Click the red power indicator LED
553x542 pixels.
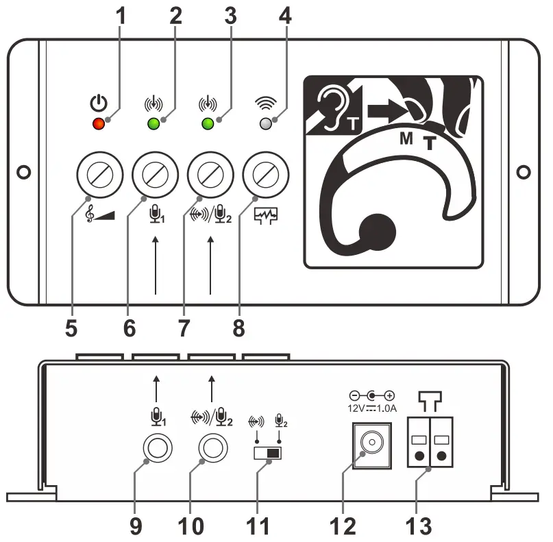[x=99, y=124]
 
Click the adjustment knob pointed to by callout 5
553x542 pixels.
[x=99, y=175]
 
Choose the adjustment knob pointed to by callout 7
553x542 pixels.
[x=210, y=175]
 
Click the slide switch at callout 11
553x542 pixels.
[x=268, y=454]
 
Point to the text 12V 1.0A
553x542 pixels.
[x=371, y=408]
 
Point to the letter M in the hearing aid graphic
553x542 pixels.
[x=406, y=139]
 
